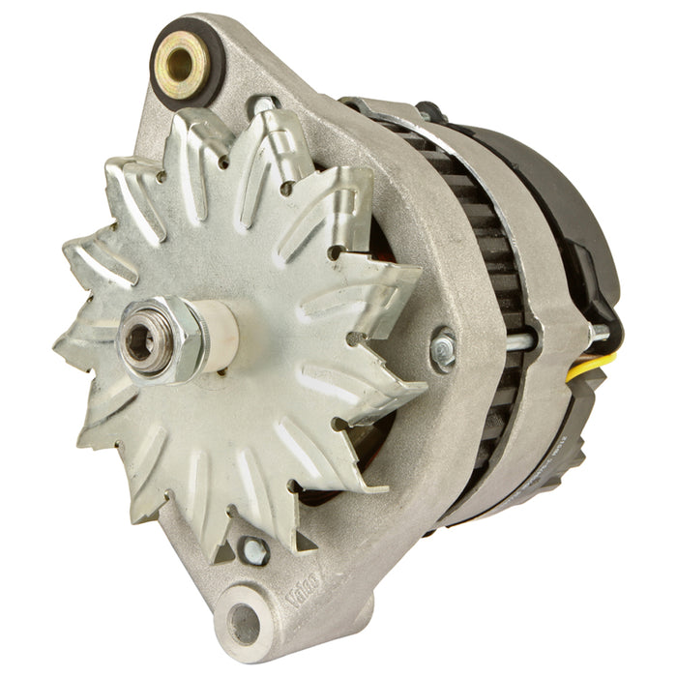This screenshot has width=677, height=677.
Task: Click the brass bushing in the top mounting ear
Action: [179, 63]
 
